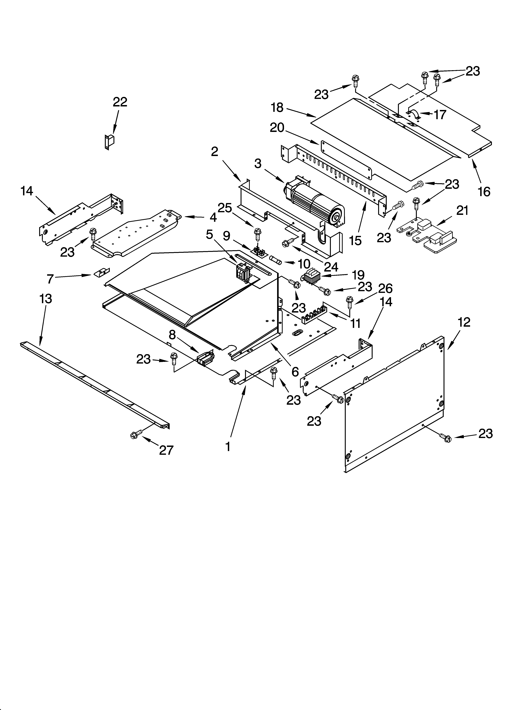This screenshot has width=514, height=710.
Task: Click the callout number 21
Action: click(x=462, y=211)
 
